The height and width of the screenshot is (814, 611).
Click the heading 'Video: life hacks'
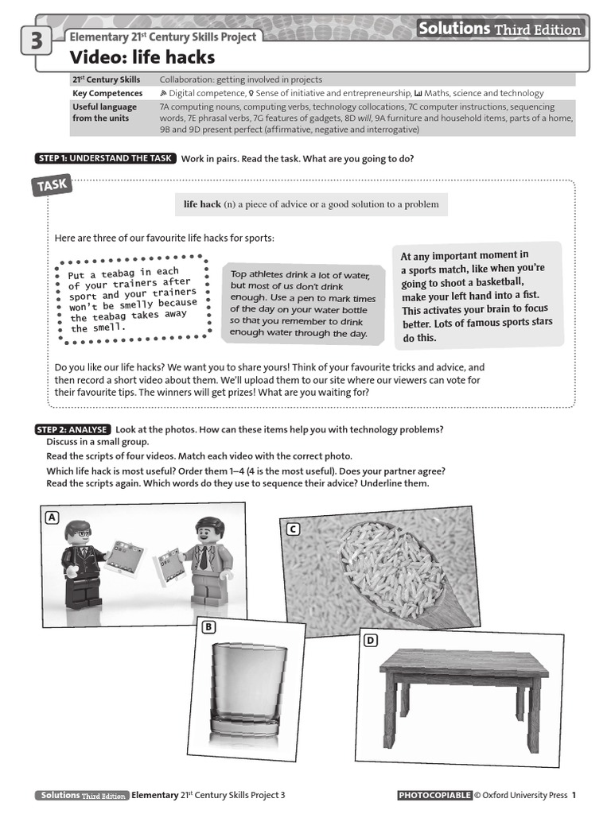142,57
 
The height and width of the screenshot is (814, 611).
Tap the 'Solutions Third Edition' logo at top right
500,29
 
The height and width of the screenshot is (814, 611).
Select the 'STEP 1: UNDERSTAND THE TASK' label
105,158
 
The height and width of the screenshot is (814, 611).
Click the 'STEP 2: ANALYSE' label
72,429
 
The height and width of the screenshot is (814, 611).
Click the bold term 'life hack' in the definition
202,204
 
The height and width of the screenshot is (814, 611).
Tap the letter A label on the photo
53,517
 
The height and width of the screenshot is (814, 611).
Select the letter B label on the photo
208,627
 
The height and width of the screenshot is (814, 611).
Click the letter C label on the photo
293,529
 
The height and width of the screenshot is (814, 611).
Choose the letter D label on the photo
371,640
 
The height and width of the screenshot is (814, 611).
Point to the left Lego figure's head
77,531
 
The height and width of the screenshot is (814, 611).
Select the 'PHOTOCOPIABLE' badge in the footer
434,795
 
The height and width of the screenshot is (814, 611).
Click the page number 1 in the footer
574,795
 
